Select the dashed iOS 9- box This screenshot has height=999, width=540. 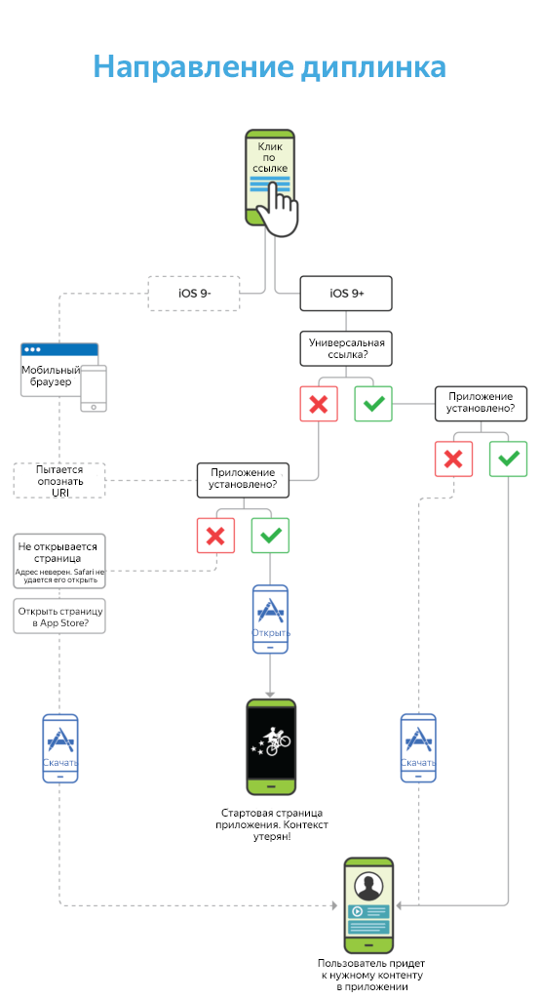[x=194, y=293]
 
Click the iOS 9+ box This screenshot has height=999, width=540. [x=346, y=293]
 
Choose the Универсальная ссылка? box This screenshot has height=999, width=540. [x=346, y=348]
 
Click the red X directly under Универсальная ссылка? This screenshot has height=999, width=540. [x=319, y=404]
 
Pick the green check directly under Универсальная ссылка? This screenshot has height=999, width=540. [x=373, y=404]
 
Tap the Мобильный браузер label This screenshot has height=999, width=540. [x=51, y=376]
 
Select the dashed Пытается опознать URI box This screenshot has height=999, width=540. [x=59, y=480]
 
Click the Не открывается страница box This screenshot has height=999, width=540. [x=59, y=561]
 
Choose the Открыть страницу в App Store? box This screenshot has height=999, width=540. [x=59, y=617]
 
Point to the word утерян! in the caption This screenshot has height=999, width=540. [x=272, y=836]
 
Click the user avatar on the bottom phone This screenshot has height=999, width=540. [x=368, y=887]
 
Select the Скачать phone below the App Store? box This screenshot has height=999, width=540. [x=60, y=748]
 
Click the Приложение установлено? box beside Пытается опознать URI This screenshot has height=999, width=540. [x=243, y=480]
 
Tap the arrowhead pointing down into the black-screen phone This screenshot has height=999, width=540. [x=270, y=694]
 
